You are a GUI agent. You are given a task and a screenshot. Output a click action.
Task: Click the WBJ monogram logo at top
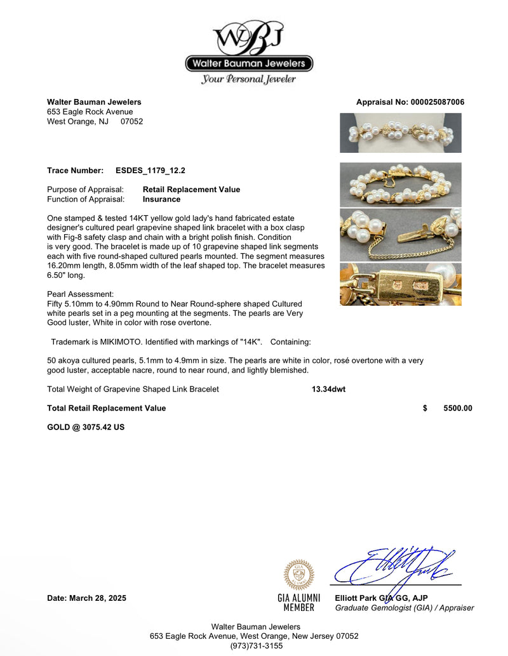coord(250,38)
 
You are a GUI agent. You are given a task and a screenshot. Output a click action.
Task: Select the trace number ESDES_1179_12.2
coord(150,171)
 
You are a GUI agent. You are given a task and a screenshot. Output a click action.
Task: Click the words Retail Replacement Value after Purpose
coord(191,190)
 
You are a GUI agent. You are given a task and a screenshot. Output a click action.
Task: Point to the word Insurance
coord(161,199)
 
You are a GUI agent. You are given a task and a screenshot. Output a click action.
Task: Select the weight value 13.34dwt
coord(328,390)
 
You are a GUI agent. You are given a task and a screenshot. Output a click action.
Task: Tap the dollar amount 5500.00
coord(457,409)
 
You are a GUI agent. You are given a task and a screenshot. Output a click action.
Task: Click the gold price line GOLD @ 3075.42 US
coord(86,428)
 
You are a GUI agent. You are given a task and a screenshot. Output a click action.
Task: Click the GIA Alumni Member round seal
coord(298,575)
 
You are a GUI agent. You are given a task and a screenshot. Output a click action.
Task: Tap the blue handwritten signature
coord(394,565)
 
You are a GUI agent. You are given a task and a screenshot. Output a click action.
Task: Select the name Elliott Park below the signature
coord(356,598)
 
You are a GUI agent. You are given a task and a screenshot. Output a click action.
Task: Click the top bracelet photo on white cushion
coord(401,133)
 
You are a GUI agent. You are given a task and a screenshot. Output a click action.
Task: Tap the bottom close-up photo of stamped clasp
coord(401,285)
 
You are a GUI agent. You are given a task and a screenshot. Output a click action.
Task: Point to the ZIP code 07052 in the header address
coord(131,121)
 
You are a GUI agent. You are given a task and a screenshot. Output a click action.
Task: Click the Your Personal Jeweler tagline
coord(248,79)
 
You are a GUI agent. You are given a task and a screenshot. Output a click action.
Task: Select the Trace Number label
coord(75,171)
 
